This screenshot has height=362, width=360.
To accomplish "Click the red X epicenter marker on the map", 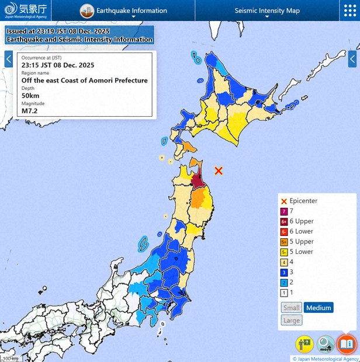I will (219, 170).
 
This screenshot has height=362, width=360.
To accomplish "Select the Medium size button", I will (319, 308).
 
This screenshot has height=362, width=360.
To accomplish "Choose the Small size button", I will (291, 308).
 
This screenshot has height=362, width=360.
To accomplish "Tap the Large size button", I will (292, 320).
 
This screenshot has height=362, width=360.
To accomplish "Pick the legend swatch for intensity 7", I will (284, 211).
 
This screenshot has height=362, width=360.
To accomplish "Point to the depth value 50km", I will (30, 95).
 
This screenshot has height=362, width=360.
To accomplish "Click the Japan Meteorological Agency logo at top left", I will (25, 10).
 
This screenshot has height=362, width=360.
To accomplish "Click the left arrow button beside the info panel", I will (9, 59).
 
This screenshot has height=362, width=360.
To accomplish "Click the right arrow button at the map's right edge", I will (352, 59).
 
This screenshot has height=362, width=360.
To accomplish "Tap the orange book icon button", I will (346, 344).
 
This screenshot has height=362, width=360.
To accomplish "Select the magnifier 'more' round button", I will (326, 344).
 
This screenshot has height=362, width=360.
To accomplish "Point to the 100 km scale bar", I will (11, 358).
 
